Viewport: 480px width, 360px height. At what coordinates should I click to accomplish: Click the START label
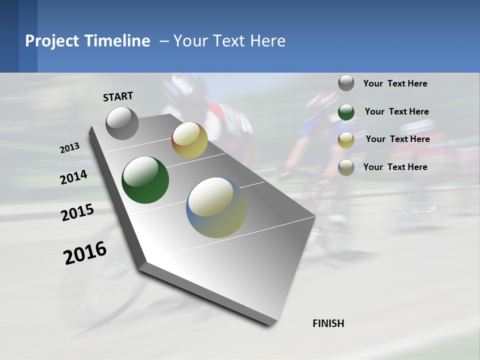(x=118, y=96)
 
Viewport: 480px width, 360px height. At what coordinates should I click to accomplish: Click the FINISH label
(x=328, y=323)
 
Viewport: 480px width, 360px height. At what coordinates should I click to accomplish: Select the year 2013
(x=70, y=147)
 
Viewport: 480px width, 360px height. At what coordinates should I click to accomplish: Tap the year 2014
(x=74, y=177)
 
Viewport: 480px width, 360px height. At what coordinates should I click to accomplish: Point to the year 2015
(x=77, y=212)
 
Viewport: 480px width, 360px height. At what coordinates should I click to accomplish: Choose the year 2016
(x=85, y=252)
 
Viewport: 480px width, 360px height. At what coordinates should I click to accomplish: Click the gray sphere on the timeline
(x=122, y=123)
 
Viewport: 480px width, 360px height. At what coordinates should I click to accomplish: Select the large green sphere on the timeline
(x=145, y=180)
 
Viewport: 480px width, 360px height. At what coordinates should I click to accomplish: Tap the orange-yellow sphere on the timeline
(x=189, y=140)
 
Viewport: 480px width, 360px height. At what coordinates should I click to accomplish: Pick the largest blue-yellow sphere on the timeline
(x=216, y=207)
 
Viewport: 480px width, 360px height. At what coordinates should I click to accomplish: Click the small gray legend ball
(x=346, y=83)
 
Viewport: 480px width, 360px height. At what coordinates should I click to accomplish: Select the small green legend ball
(x=346, y=112)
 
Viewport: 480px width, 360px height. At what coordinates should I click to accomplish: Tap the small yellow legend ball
(x=346, y=140)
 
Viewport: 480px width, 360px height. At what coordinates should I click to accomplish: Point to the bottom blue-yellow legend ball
(x=346, y=167)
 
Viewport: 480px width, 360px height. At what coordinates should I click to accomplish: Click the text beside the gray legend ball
(x=395, y=83)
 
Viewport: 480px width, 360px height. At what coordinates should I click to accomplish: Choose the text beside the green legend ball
(x=396, y=111)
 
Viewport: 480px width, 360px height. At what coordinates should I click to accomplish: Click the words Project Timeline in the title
(x=87, y=41)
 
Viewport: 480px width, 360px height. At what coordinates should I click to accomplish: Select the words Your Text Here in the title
(x=229, y=41)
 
